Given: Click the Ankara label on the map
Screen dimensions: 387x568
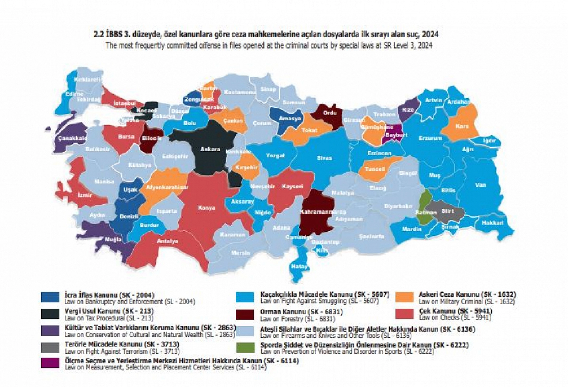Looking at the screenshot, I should (210, 149).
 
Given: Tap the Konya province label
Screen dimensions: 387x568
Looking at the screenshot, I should (207, 208).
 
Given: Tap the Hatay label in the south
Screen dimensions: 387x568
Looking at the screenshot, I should (299, 266).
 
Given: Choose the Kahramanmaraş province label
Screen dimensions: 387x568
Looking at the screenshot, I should (322, 212).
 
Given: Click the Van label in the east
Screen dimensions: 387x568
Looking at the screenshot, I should (480, 185).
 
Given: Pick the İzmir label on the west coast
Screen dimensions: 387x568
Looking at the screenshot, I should (85, 195).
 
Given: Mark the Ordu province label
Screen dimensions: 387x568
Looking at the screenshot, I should (330, 113).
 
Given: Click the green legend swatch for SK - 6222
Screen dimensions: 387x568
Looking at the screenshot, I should (246, 348).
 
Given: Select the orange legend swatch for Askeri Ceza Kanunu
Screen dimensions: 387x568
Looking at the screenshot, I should (404, 297).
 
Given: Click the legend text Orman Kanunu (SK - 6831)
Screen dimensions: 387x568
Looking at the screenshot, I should (301, 312).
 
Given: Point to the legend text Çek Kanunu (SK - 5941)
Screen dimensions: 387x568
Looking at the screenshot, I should (456, 311).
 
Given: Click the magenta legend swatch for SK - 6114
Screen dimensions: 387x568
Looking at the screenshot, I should (50, 363).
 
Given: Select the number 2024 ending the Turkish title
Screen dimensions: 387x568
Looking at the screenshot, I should (430, 34).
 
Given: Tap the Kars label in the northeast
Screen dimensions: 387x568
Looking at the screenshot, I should (462, 126).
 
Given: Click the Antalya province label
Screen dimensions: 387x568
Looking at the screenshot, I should (167, 241).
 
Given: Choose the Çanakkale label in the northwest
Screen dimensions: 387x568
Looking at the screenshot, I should (72, 138).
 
